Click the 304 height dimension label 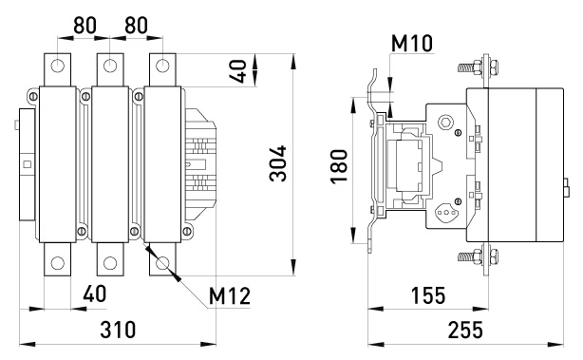coord(278,163)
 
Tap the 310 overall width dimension coord(118,330)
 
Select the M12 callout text coord(230,296)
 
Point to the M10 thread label coord(412,43)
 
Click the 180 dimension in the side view coord(339,166)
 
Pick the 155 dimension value coord(428,295)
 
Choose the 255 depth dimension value coord(465,330)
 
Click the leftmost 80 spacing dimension coord(85,26)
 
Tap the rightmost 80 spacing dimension coord(136,26)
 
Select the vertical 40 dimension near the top coord(238,71)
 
